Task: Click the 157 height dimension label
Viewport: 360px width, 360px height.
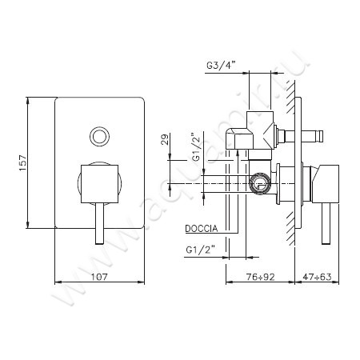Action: click(23, 162)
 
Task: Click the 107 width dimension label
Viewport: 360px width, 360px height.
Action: click(99, 277)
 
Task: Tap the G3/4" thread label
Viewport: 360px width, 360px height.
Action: click(222, 66)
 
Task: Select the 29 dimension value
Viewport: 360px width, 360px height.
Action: click(165, 139)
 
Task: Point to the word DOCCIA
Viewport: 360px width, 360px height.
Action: click(202, 229)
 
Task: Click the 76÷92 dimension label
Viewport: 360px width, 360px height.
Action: click(260, 277)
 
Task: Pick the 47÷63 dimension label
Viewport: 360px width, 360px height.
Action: click(317, 277)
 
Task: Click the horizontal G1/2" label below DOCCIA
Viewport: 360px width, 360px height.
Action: click(201, 250)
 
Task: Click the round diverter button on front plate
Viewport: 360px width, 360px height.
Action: click(99, 137)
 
